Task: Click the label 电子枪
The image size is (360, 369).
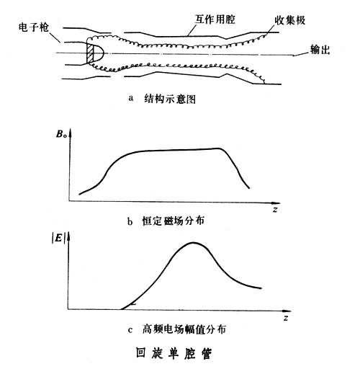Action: pyautogui.click(x=34, y=27)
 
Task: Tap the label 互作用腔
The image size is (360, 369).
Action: pyautogui.click(x=215, y=19)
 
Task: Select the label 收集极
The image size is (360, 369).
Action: pyautogui.click(x=290, y=20)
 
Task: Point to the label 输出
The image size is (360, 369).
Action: pyautogui.click(x=320, y=50)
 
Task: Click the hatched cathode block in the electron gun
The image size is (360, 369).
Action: pyautogui.click(x=91, y=53)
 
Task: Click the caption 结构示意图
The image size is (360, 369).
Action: pyautogui.click(x=170, y=99)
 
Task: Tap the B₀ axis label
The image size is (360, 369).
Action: pyautogui.click(x=61, y=134)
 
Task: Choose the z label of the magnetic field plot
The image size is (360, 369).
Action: pyautogui.click(x=275, y=210)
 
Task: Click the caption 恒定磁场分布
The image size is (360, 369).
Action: pyautogui.click(x=173, y=221)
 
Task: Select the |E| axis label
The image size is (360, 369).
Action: pyautogui.click(x=58, y=239)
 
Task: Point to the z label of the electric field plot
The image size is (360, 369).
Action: pyautogui.click(x=286, y=319)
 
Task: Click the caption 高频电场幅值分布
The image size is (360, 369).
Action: pyautogui.click(x=184, y=329)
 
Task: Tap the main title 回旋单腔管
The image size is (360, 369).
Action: pyautogui.click(x=174, y=353)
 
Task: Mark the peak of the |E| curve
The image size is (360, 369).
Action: pyautogui.click(x=194, y=243)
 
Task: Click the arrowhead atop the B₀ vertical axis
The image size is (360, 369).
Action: pyautogui.click(x=71, y=133)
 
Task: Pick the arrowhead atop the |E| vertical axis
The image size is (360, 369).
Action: pyautogui.click(x=68, y=236)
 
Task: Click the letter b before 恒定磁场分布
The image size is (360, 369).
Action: pyautogui.click(x=130, y=221)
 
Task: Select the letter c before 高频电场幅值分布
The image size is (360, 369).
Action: pyautogui.click(x=130, y=330)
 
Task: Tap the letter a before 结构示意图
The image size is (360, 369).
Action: pyautogui.click(x=131, y=99)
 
